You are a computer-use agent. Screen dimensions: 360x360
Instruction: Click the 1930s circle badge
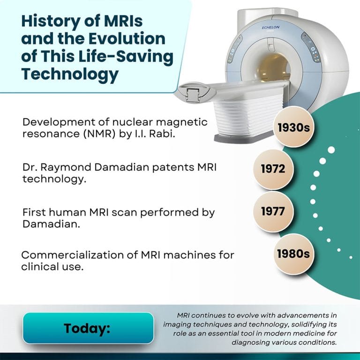point(294,127)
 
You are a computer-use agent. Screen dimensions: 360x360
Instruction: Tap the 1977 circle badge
point(273,211)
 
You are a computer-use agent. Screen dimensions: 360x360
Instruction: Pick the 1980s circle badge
point(293,254)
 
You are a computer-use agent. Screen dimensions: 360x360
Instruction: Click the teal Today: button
point(88,328)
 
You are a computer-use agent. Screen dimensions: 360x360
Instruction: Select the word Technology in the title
point(70,73)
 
